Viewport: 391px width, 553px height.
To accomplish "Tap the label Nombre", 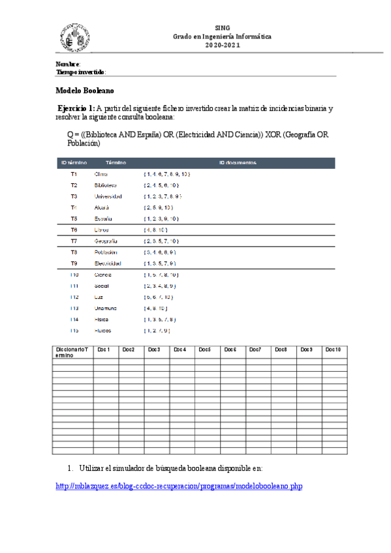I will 68,64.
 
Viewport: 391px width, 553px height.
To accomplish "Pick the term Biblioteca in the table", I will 106,185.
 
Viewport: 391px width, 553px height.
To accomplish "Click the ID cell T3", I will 74,196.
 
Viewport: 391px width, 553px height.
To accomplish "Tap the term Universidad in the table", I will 108,196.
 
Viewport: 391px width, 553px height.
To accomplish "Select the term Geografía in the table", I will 106,241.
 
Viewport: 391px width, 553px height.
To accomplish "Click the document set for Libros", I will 155,230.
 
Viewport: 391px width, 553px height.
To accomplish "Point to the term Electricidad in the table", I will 108,263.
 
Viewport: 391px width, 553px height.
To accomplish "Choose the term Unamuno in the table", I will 106,308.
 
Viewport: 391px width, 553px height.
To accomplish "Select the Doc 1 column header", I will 103,350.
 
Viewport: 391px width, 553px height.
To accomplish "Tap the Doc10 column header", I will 333,350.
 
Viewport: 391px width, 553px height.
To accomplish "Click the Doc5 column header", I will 204,350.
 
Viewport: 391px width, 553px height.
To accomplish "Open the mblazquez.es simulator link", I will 180,486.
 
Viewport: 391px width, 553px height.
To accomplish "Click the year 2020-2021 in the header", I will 222,44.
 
